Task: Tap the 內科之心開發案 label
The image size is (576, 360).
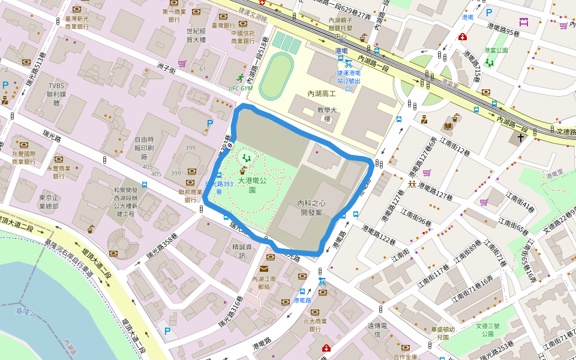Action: click(311, 208)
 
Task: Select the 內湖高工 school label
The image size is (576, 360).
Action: click(321, 94)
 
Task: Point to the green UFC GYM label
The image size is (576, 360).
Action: click(241, 88)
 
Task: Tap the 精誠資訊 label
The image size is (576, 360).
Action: click(242, 251)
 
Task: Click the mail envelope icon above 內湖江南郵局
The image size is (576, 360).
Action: click(264, 269)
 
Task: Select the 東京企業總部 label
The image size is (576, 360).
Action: click(49, 202)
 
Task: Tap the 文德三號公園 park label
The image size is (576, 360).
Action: click(487, 331)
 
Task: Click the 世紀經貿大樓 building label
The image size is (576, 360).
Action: click(196, 35)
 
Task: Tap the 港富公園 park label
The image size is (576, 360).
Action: click(496, 50)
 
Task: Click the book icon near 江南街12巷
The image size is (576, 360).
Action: click(448, 126)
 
